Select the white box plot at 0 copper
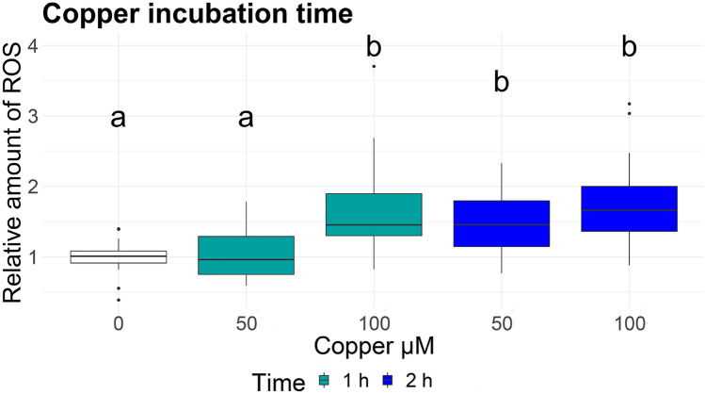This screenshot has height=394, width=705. [119, 256]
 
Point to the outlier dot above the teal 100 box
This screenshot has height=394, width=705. [375, 66]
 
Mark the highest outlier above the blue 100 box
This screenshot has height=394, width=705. [630, 104]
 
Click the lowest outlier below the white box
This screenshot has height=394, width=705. [119, 300]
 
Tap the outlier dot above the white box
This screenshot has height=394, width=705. [119, 229]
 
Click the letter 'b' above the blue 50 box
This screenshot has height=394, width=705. [502, 83]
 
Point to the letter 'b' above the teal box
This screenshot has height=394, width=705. [375, 46]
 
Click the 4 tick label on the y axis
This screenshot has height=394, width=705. [57, 45]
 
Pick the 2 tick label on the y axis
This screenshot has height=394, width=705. [57, 186]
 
